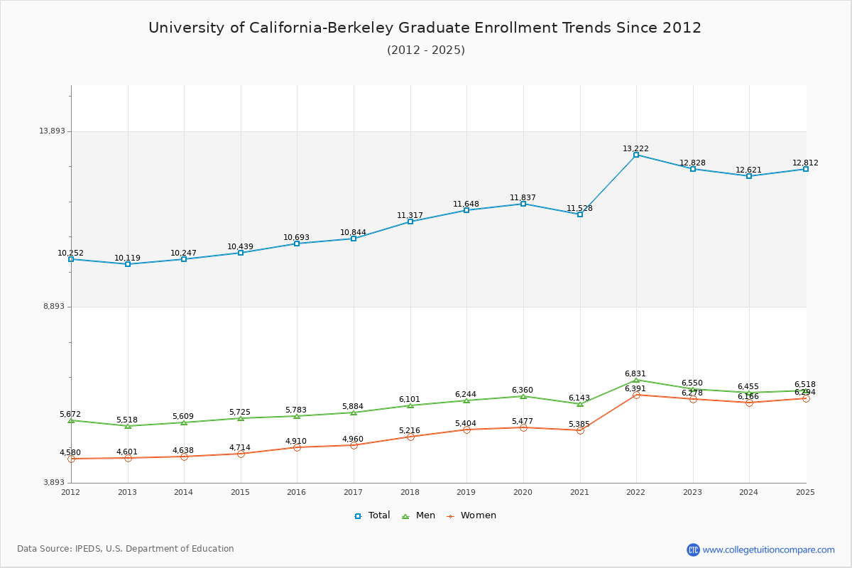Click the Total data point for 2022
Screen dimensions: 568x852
pos(636,155)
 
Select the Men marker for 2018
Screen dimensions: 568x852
pos(410,405)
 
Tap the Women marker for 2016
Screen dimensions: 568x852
pos(297,447)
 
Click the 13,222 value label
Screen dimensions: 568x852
pos(636,149)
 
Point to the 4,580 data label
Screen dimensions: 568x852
pos(70,453)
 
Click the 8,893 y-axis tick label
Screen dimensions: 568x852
pos(53,307)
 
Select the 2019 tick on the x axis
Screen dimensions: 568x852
pos(466,492)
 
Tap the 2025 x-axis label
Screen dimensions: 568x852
pos(805,492)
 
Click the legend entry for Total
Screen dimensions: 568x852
pos(373,515)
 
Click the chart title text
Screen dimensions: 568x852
pos(425,28)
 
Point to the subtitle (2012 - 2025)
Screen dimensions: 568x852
pos(426,50)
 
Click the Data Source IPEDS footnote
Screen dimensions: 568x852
pos(126,549)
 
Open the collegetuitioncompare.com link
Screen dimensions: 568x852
pos(768,550)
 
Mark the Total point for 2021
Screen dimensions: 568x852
pos(580,214)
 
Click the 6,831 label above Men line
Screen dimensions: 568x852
pos(635,373)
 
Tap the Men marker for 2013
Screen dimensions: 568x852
pos(128,426)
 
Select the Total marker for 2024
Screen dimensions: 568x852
pos(749,176)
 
